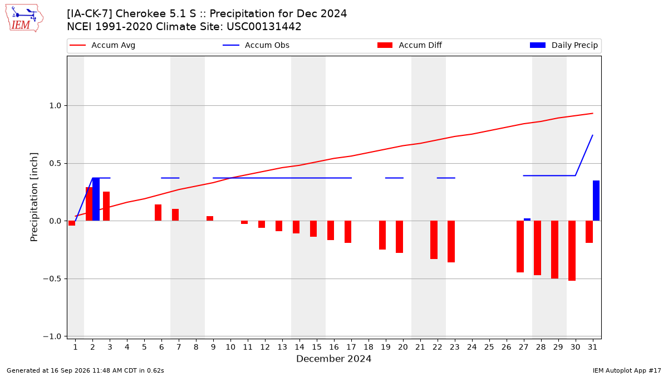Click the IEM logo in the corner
click(24, 18)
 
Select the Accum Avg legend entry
click(102, 45)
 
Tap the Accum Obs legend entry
click(256, 45)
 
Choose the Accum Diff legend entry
click(410, 45)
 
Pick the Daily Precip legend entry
click(563, 45)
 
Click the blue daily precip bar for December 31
click(596, 201)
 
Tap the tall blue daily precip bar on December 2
click(96, 199)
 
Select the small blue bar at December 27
click(527, 219)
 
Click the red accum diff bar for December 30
click(572, 251)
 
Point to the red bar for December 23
click(451, 241)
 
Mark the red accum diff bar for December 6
click(158, 213)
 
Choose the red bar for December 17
click(348, 232)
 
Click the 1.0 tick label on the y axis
click(55, 106)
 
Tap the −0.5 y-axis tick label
click(52, 279)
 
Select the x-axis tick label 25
click(489, 347)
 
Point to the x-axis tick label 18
click(369, 347)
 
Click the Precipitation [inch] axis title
click(34, 197)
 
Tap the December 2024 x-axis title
click(333, 359)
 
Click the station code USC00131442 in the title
click(264, 27)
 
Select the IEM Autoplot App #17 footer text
click(627, 370)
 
